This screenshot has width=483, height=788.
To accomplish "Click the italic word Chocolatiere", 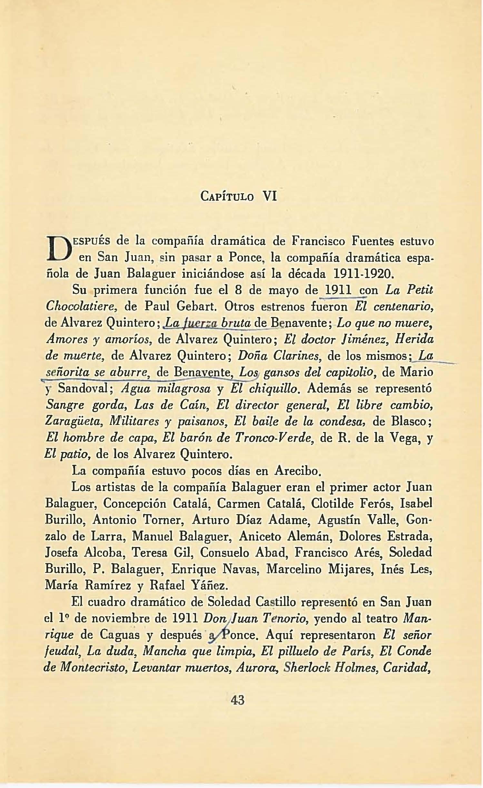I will coord(82,306).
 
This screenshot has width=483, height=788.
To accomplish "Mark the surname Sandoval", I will coord(85,389).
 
